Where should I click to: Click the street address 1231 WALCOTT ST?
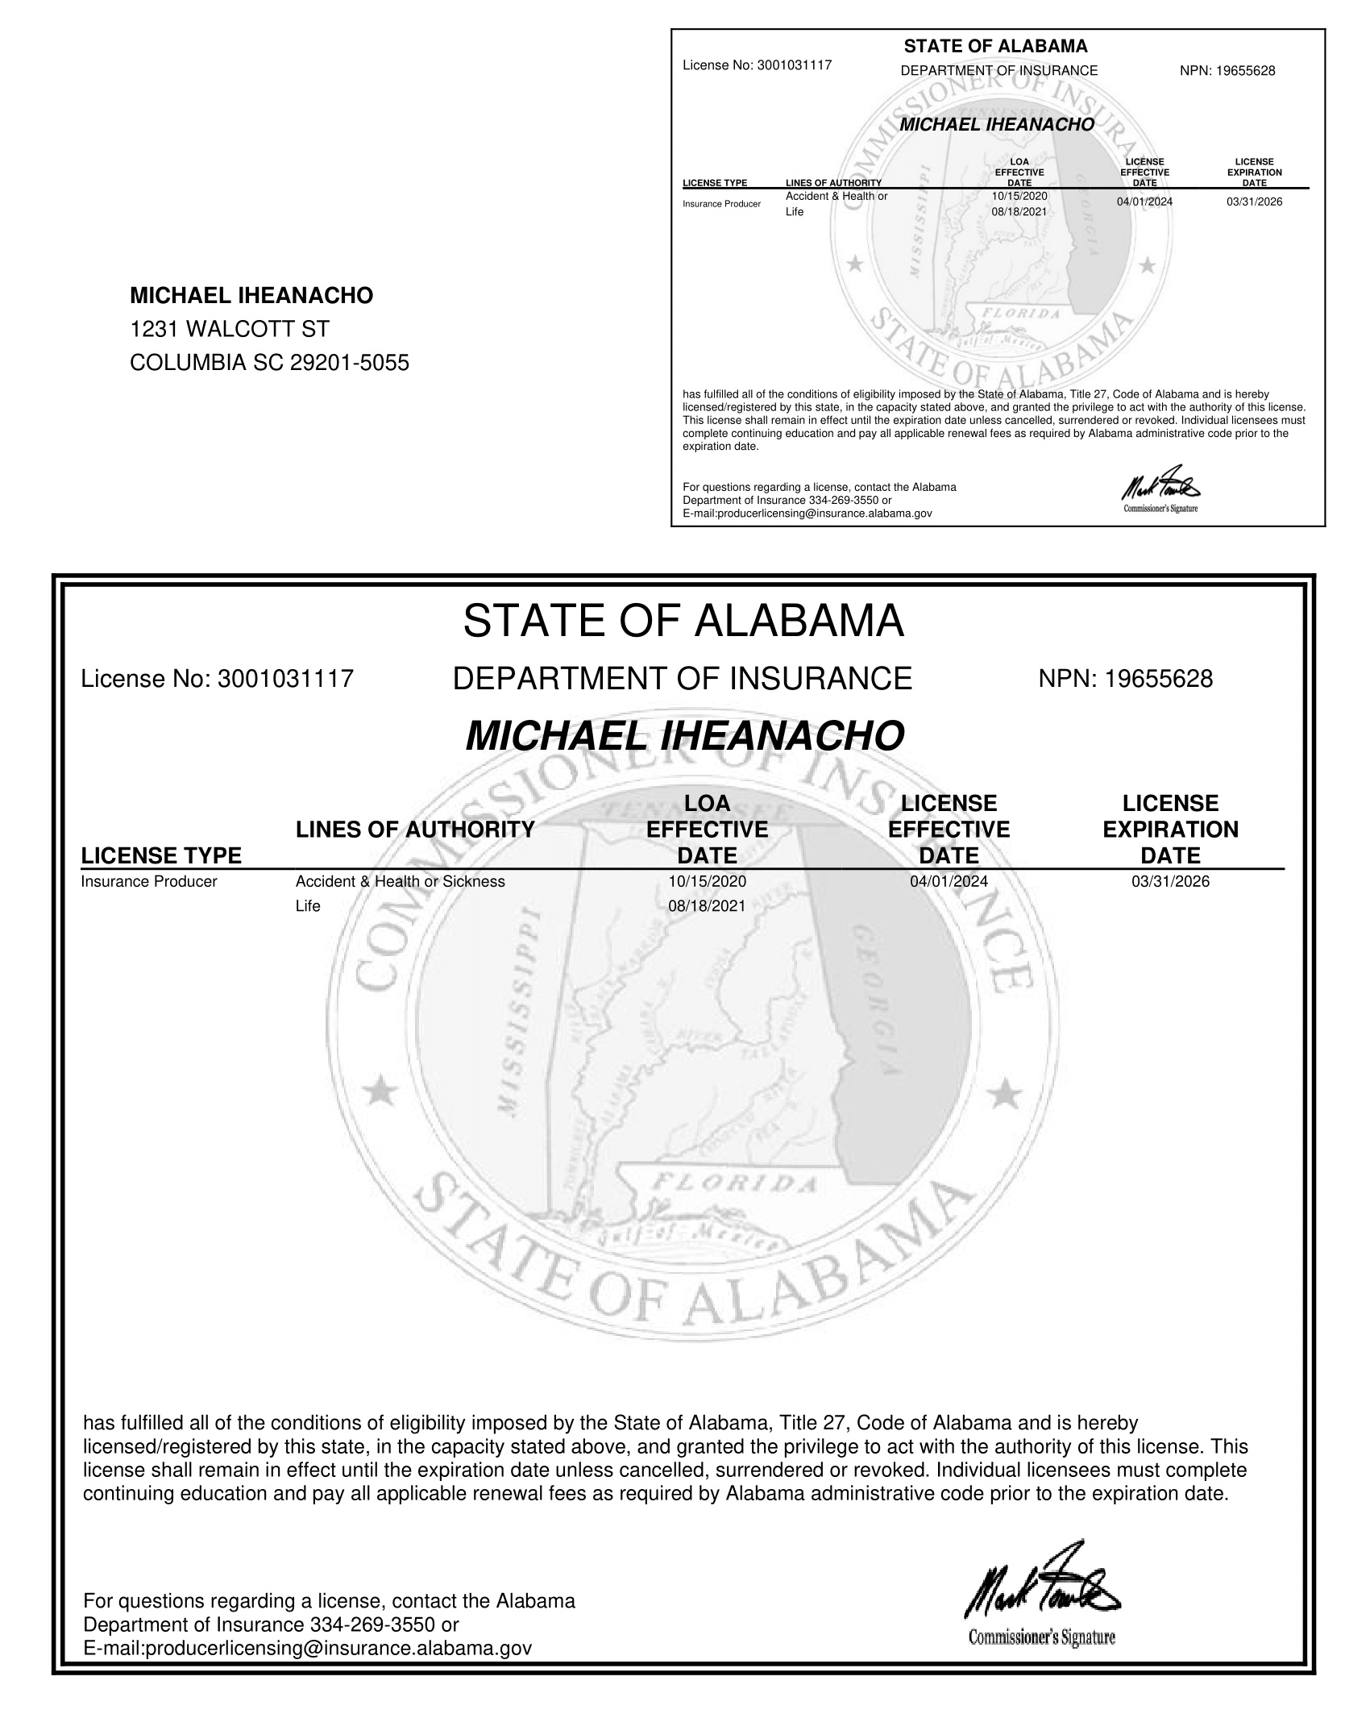[230, 329]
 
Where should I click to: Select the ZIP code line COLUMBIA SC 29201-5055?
[269, 363]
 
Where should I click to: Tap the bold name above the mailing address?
[251, 296]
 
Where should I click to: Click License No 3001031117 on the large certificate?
[218, 679]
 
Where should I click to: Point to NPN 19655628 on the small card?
[1227, 71]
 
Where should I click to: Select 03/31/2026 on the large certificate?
[1170, 881]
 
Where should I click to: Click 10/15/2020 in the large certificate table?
[707, 881]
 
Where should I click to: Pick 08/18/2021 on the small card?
[1019, 212]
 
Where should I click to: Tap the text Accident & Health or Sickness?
[400, 881]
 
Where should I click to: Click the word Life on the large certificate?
[308, 906]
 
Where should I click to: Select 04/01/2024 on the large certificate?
[949, 881]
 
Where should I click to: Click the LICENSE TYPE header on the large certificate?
[161, 855]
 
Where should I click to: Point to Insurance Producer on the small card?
[721, 204]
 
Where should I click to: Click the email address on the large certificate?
[308, 1648]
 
